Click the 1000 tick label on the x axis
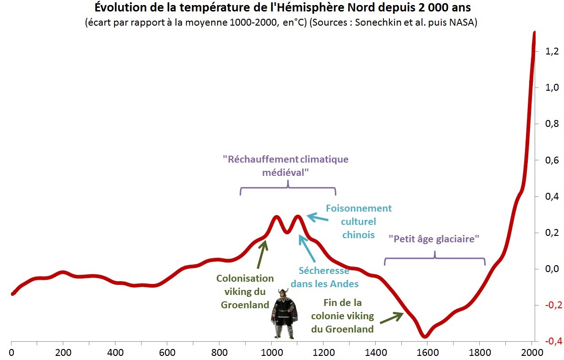[271, 353]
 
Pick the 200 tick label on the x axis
[63, 353]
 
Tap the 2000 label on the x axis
[531, 353]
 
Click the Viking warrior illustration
[284, 314]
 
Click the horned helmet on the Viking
[284, 294]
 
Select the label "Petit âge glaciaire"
[433, 239]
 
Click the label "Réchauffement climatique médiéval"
[285, 166]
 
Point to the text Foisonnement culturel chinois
[358, 221]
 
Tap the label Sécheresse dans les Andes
[324, 277]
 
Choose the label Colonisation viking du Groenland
[245, 291]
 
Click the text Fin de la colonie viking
[342, 316]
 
